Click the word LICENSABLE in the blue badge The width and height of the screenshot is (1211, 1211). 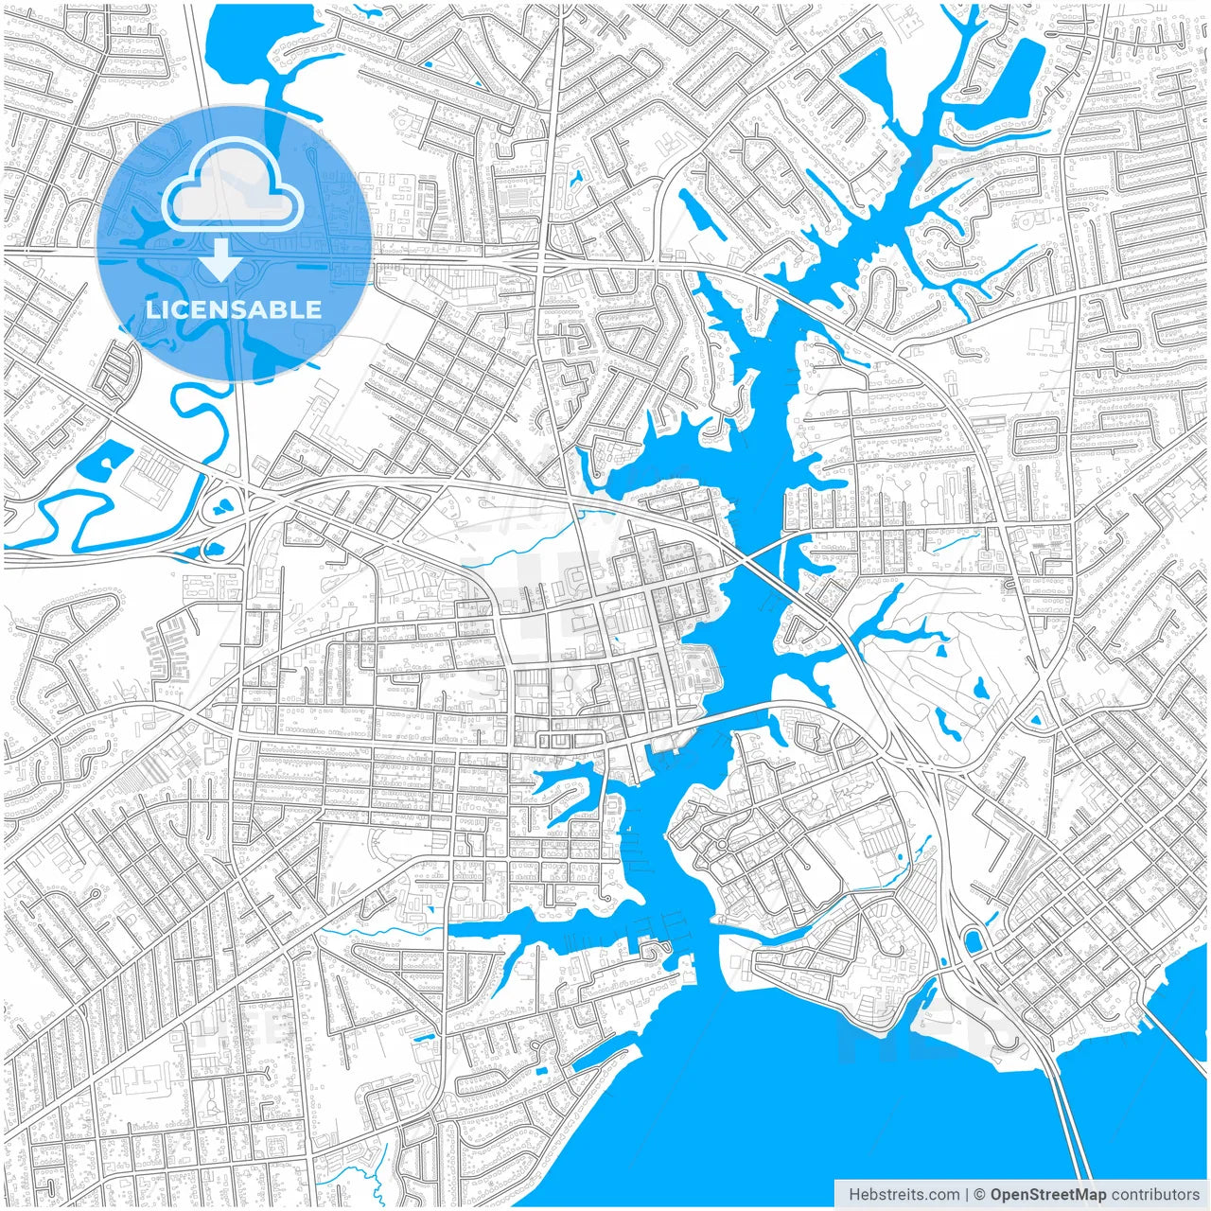pos(234,309)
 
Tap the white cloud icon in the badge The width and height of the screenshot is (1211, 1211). pos(233,188)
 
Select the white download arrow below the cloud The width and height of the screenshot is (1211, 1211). pos(220,260)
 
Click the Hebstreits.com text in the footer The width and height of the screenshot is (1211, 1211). pos(904,1195)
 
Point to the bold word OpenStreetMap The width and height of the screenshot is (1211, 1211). pos(1048,1195)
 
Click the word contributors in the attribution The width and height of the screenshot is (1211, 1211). pos(1155,1195)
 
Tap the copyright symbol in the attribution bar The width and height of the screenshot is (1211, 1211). pos(980,1195)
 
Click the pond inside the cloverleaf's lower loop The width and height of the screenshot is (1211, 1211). pos(210,548)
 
